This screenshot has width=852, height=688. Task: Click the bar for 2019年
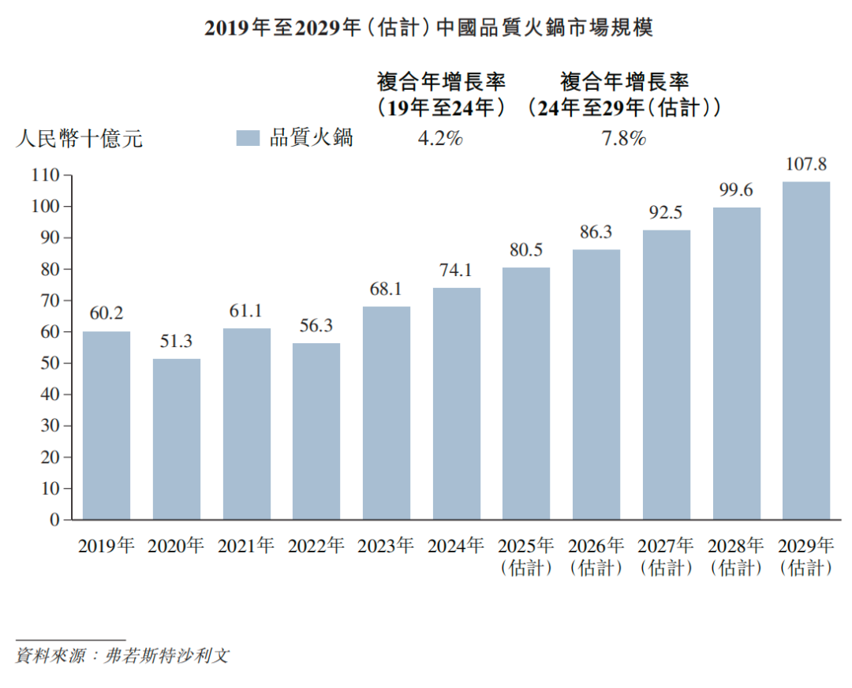coord(106,425)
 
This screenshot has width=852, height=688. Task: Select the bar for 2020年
coord(176,439)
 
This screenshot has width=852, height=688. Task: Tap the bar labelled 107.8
coord(806,350)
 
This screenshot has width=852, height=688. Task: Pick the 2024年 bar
coord(457,403)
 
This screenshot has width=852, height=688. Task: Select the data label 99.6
coord(737,191)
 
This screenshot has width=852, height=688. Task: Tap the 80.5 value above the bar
coord(526,251)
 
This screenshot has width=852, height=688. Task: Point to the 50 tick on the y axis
coord(50,364)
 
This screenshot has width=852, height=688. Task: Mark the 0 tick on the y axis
coord(55,520)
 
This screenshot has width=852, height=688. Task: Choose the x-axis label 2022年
coord(316,545)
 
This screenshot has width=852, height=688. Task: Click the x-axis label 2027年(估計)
coord(667,556)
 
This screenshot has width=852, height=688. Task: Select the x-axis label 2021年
coord(246,545)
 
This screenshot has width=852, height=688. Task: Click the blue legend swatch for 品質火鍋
coord(248,138)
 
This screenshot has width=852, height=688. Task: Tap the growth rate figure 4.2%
coord(440,138)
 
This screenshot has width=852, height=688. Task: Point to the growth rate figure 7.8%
coord(624,138)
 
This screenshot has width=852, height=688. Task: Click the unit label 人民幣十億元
coord(79,139)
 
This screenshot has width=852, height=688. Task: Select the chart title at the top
coord(430,28)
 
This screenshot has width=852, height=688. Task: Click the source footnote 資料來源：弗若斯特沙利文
coord(122,656)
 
